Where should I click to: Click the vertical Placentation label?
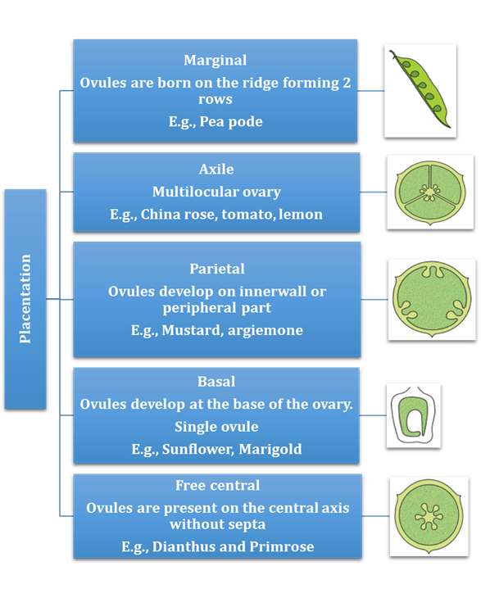click(25, 299)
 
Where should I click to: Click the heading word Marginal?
click(216, 61)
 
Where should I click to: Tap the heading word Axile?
click(216, 169)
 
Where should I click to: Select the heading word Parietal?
click(217, 269)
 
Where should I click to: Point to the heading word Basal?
click(216, 382)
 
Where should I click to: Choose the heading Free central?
click(217, 485)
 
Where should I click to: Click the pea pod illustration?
click(420, 89)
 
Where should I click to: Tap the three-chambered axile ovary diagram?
click(430, 193)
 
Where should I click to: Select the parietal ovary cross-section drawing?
click(432, 299)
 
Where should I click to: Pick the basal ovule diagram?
click(413, 415)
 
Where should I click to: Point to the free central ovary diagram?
click(429, 516)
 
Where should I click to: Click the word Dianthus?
click(184, 546)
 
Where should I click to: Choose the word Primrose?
click(282, 546)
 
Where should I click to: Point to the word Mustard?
click(193, 330)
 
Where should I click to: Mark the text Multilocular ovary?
click(216, 192)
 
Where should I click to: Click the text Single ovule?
click(216, 427)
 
